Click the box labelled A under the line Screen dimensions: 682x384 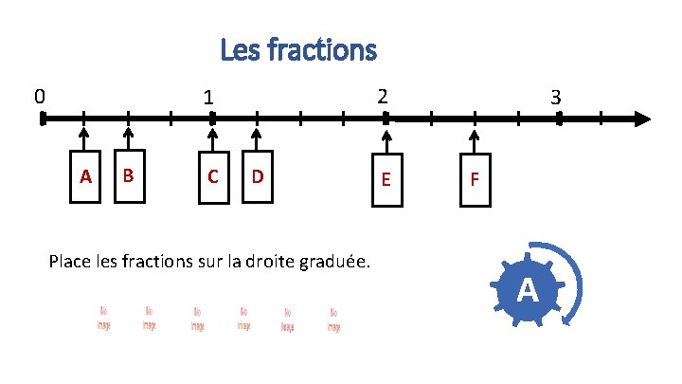(85, 175)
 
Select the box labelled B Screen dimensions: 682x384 (129, 174)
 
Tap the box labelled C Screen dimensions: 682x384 (213, 175)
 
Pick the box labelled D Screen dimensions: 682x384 (257, 175)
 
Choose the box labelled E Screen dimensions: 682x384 (385, 177)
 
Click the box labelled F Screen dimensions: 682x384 (476, 177)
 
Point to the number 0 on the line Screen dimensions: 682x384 (39, 96)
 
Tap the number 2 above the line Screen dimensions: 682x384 (381, 97)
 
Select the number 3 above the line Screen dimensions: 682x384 (557, 98)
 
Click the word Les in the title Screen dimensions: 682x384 (238, 48)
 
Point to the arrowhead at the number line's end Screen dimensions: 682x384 (642, 119)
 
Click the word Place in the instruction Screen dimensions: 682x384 (69, 260)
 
